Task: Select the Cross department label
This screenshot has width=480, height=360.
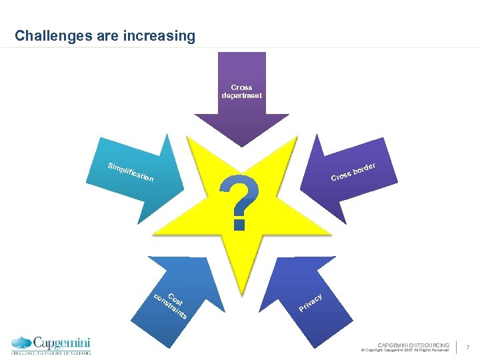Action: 241,91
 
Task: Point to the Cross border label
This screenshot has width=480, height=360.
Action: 354,171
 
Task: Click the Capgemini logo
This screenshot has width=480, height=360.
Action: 51,344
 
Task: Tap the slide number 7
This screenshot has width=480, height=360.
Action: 468,347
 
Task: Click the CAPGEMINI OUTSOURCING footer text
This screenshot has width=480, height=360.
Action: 413,345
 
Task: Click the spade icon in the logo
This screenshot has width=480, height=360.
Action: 21,343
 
